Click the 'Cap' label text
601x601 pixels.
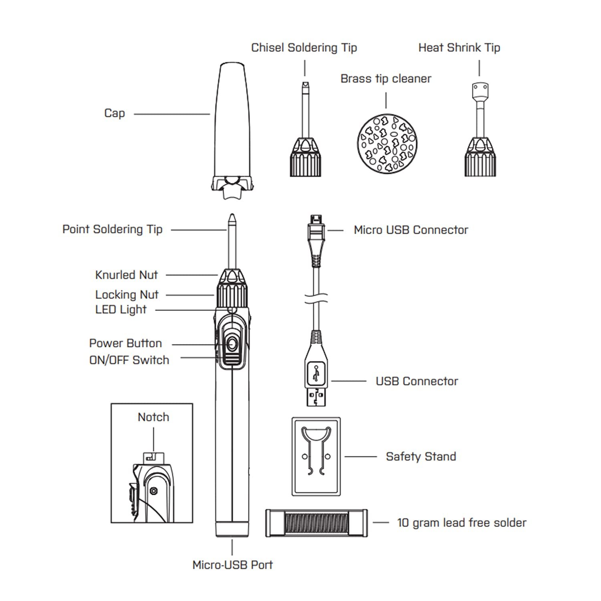tap(114, 113)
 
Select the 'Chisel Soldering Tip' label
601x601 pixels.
tap(304, 48)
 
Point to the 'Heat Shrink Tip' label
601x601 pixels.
tap(459, 48)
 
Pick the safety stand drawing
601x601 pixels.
tap(316, 456)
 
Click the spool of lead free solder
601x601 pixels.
tap(316, 523)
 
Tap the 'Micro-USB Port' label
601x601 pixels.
tap(232, 565)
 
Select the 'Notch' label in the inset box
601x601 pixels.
tap(153, 417)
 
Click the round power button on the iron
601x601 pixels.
tap(232, 344)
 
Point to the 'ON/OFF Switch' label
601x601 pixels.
tap(129, 360)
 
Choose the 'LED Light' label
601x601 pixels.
tap(121, 310)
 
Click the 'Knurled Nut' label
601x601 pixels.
tap(126, 275)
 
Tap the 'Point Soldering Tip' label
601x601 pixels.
tap(112, 229)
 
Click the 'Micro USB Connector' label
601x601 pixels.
tap(411, 230)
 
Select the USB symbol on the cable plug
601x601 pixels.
tap(317, 373)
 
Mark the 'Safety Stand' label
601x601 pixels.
tap(421, 456)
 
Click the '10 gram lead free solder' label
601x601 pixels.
tap(461, 522)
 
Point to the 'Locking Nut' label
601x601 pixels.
tap(127, 295)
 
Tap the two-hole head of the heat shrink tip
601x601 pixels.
tap(480, 88)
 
